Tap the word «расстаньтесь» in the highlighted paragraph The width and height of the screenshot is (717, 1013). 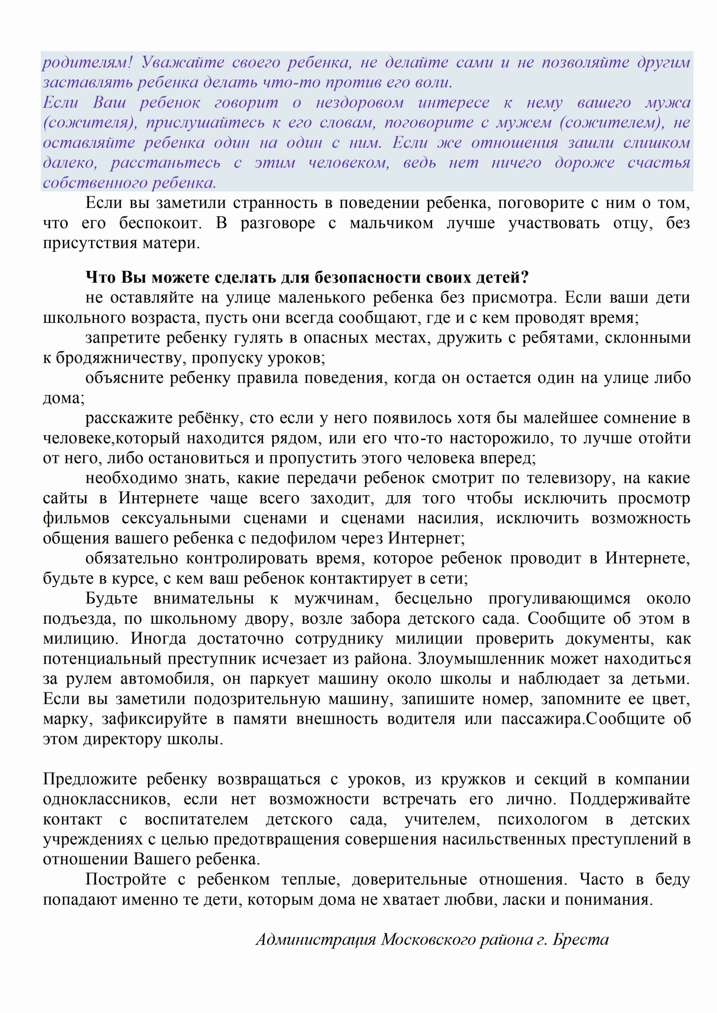click(165, 163)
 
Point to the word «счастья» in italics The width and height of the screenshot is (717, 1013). click(658, 163)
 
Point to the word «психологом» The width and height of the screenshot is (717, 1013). click(543, 819)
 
